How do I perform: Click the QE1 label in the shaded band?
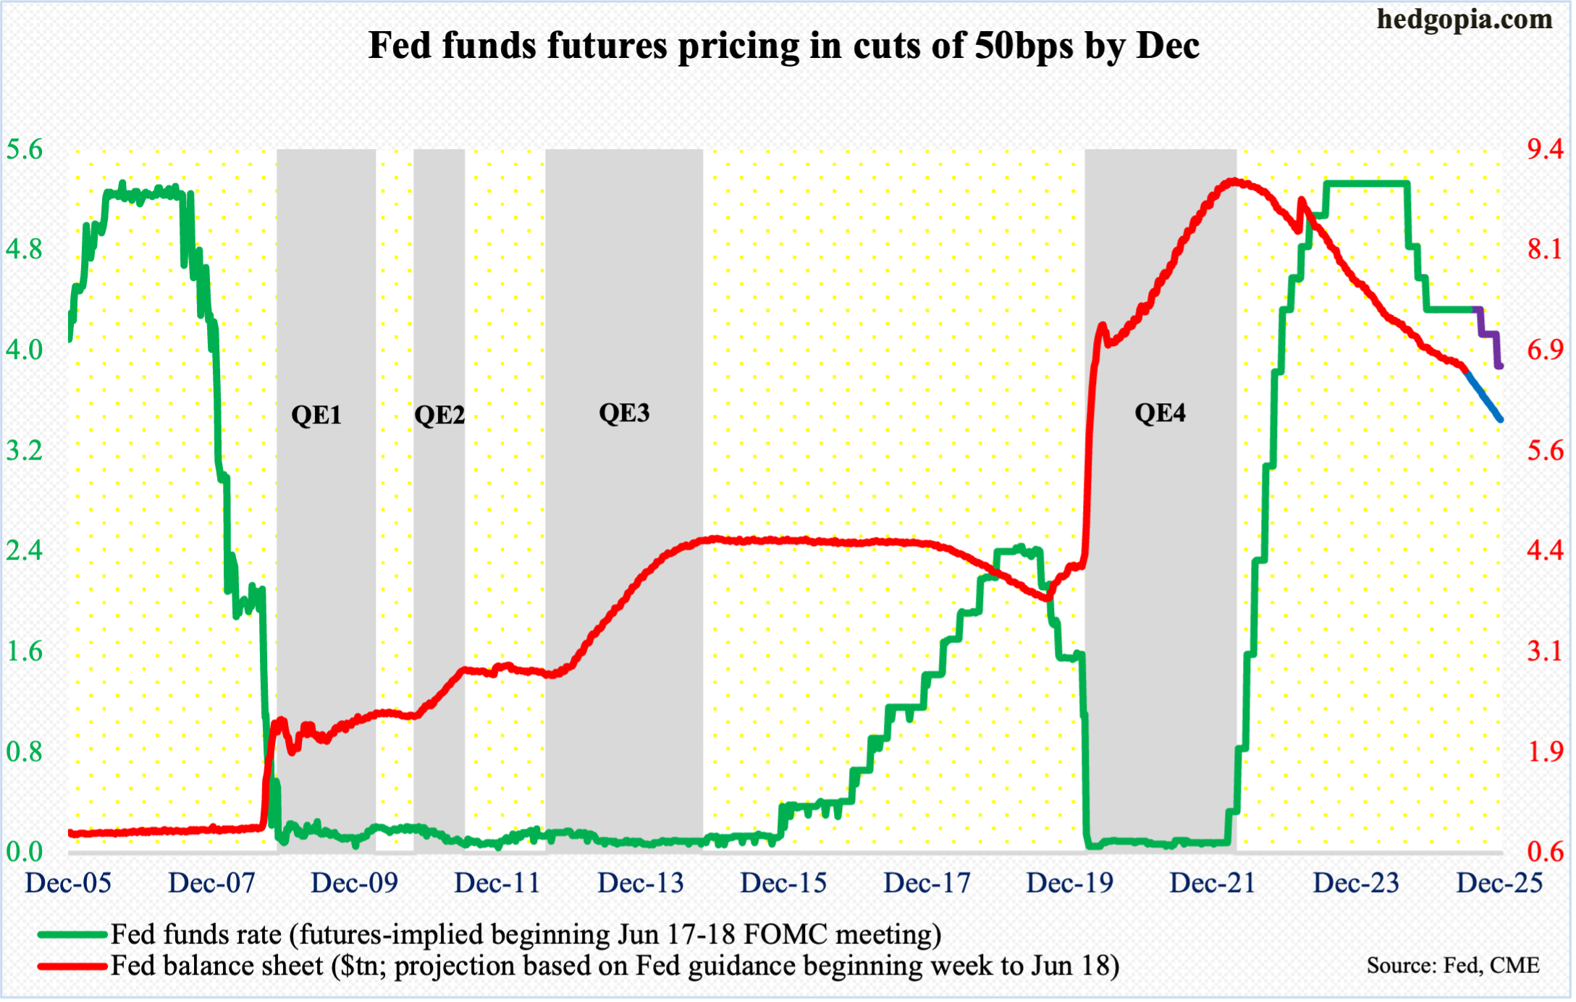pyautogui.click(x=316, y=415)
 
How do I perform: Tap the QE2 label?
pyautogui.click(x=439, y=415)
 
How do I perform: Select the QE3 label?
pyautogui.click(x=624, y=413)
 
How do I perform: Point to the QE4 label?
pyautogui.click(x=1160, y=413)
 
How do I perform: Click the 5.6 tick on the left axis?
pyautogui.click(x=24, y=150)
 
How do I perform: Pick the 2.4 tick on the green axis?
pyautogui.click(x=24, y=551)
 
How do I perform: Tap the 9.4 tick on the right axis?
pyautogui.click(x=1545, y=150)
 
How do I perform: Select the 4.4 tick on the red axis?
pyautogui.click(x=1545, y=551)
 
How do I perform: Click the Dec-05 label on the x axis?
pyautogui.click(x=68, y=883)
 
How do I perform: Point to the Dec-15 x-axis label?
pyautogui.click(x=783, y=883)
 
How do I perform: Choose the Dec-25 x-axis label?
pyautogui.click(x=1499, y=883)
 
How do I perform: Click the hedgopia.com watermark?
pyautogui.click(x=1464, y=20)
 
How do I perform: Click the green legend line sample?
pyautogui.click(x=72, y=935)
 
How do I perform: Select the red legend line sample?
pyautogui.click(x=72, y=966)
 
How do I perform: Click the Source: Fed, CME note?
pyautogui.click(x=1452, y=966)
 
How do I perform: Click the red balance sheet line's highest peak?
pyautogui.click(x=1233, y=181)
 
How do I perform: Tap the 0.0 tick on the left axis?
pyautogui.click(x=24, y=852)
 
